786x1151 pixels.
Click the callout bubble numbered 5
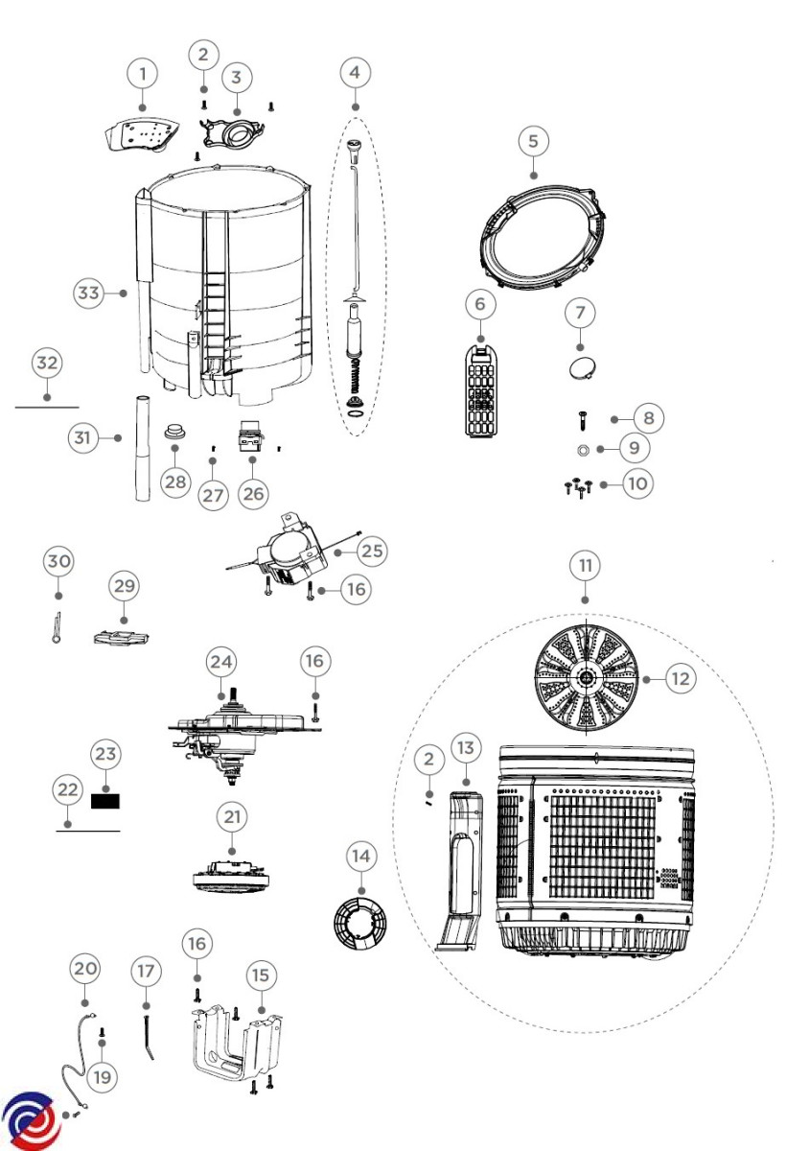(534, 140)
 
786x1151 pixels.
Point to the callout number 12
(680, 678)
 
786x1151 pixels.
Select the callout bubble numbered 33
(89, 294)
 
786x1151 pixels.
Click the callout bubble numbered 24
(221, 662)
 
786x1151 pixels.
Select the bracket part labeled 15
(232, 1050)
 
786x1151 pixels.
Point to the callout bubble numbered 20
(85, 969)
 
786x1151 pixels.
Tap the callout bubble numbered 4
(355, 72)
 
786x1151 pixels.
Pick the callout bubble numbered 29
(124, 586)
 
